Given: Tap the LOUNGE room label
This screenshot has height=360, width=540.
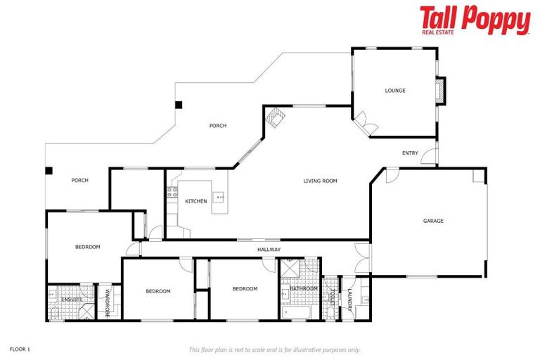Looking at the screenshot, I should point(395,91).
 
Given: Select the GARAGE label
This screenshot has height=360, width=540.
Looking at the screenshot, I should point(433,221).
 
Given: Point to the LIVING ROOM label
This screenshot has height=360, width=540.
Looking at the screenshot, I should point(320,181).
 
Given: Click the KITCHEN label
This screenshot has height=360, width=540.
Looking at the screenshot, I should point(196,201).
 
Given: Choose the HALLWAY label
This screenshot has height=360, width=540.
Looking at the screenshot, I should point(269,250).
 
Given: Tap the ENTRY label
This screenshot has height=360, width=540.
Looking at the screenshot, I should point(410,153).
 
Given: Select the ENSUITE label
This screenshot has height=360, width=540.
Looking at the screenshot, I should point(72,300).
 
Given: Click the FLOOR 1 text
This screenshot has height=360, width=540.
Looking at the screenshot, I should point(20,349).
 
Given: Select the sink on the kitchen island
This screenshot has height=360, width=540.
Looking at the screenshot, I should point(219,197).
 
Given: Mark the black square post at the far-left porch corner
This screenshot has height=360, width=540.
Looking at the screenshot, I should point(49,170).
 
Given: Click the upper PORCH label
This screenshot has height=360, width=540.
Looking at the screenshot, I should point(218,126).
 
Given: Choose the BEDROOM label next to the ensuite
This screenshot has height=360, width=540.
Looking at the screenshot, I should point(88,247).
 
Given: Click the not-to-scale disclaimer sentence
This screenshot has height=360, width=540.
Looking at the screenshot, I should point(274,349).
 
